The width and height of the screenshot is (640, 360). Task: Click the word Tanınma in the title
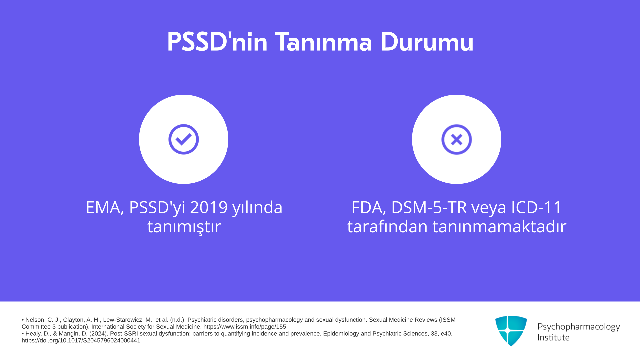pyautogui.click(x=323, y=42)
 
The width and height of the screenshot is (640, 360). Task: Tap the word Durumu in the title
pyautogui.click(x=427, y=42)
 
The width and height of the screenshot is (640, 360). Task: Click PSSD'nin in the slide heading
pyautogui.click(x=217, y=42)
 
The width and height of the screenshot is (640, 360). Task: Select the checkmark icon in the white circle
pyautogui.click(x=184, y=139)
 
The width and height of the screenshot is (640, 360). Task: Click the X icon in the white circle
pyautogui.click(x=457, y=139)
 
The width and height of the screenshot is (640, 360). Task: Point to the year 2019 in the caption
pyautogui.click(x=209, y=207)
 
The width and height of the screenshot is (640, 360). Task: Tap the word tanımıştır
pyautogui.click(x=184, y=227)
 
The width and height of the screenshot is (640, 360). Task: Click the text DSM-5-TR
pyautogui.click(x=429, y=207)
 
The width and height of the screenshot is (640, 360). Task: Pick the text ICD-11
pyautogui.click(x=536, y=207)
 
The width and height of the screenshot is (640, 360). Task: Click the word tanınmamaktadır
pyautogui.click(x=499, y=227)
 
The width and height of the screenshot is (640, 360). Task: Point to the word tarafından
pyautogui.click(x=387, y=227)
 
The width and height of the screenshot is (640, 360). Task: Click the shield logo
pyautogui.click(x=511, y=331)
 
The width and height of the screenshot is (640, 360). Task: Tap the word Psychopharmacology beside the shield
pyautogui.click(x=579, y=327)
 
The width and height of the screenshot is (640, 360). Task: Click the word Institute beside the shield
pyautogui.click(x=553, y=337)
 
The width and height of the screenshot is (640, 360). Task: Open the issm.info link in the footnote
pyautogui.click(x=245, y=327)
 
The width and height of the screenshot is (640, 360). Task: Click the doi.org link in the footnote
pyautogui.click(x=81, y=341)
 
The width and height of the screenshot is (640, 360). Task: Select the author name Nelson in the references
pyautogui.click(x=35, y=320)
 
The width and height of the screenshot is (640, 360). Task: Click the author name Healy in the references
pyautogui.click(x=33, y=334)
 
